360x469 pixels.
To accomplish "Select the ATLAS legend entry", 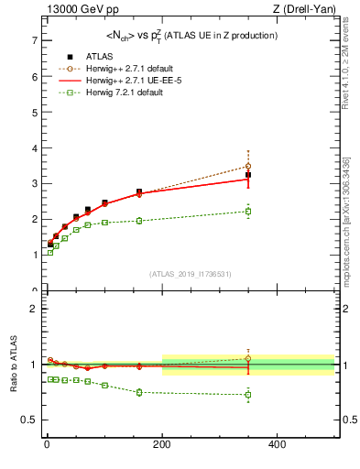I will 98,56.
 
